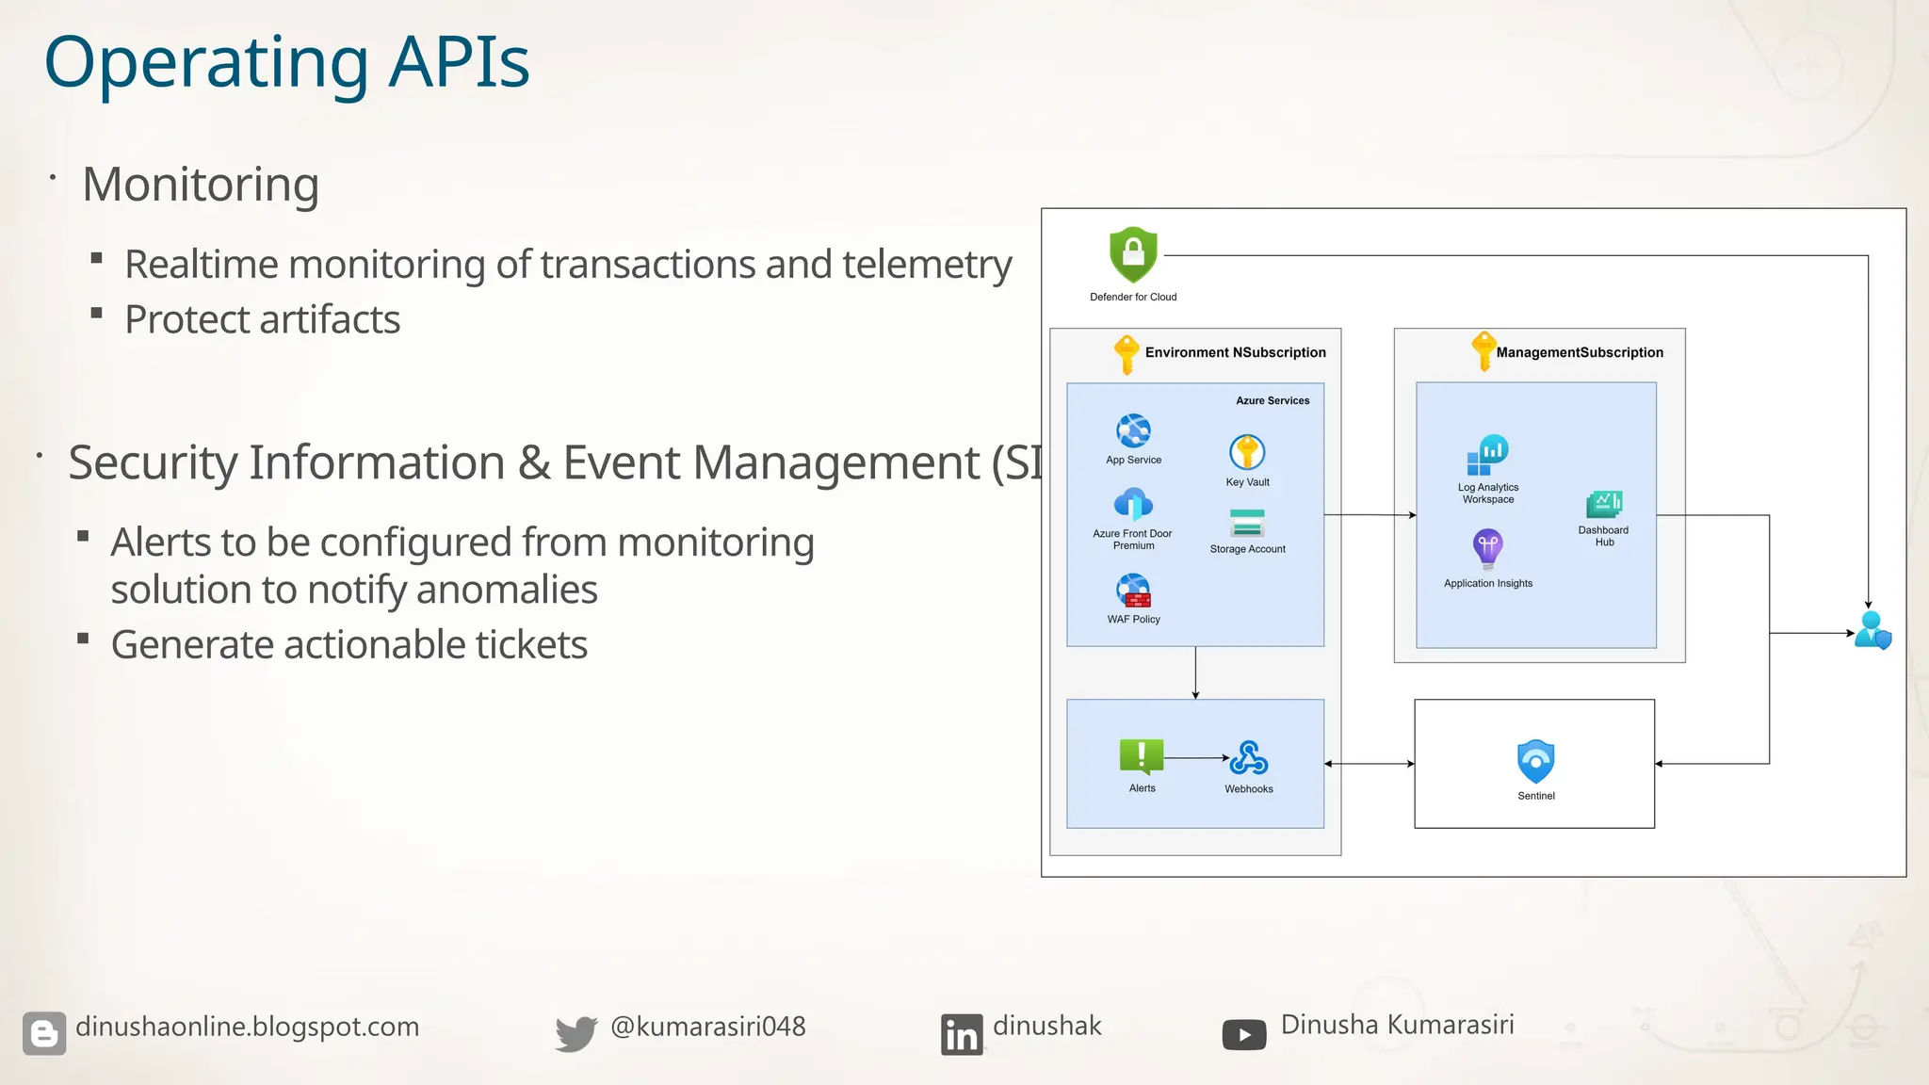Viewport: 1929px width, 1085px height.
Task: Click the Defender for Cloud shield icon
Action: (1133, 254)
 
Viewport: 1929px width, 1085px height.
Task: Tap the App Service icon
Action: (1133, 431)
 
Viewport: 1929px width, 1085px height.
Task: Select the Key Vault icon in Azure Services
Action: (1247, 452)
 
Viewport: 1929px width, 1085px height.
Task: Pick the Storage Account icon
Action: (1247, 523)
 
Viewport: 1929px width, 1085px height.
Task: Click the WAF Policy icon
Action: (1133, 591)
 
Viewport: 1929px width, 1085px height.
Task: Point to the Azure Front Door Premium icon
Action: (1133, 505)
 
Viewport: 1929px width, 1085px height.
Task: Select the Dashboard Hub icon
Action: (1604, 504)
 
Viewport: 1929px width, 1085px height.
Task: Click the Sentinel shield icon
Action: (1535, 761)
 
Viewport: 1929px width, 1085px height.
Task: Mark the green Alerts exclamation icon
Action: (1142, 756)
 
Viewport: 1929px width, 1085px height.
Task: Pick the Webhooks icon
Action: (1249, 757)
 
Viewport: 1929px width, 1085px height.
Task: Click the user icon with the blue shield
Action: (1872, 630)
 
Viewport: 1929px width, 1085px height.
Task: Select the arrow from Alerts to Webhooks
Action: (1196, 757)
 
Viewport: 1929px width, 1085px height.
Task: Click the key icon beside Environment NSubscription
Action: (1126, 354)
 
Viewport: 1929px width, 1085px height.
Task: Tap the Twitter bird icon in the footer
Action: (575, 1033)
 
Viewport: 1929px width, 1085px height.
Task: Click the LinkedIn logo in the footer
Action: (961, 1034)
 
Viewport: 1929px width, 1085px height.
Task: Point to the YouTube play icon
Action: (1244, 1034)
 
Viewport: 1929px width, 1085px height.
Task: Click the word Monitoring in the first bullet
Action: (201, 184)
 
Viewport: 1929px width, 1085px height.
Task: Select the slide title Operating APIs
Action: (286, 62)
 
